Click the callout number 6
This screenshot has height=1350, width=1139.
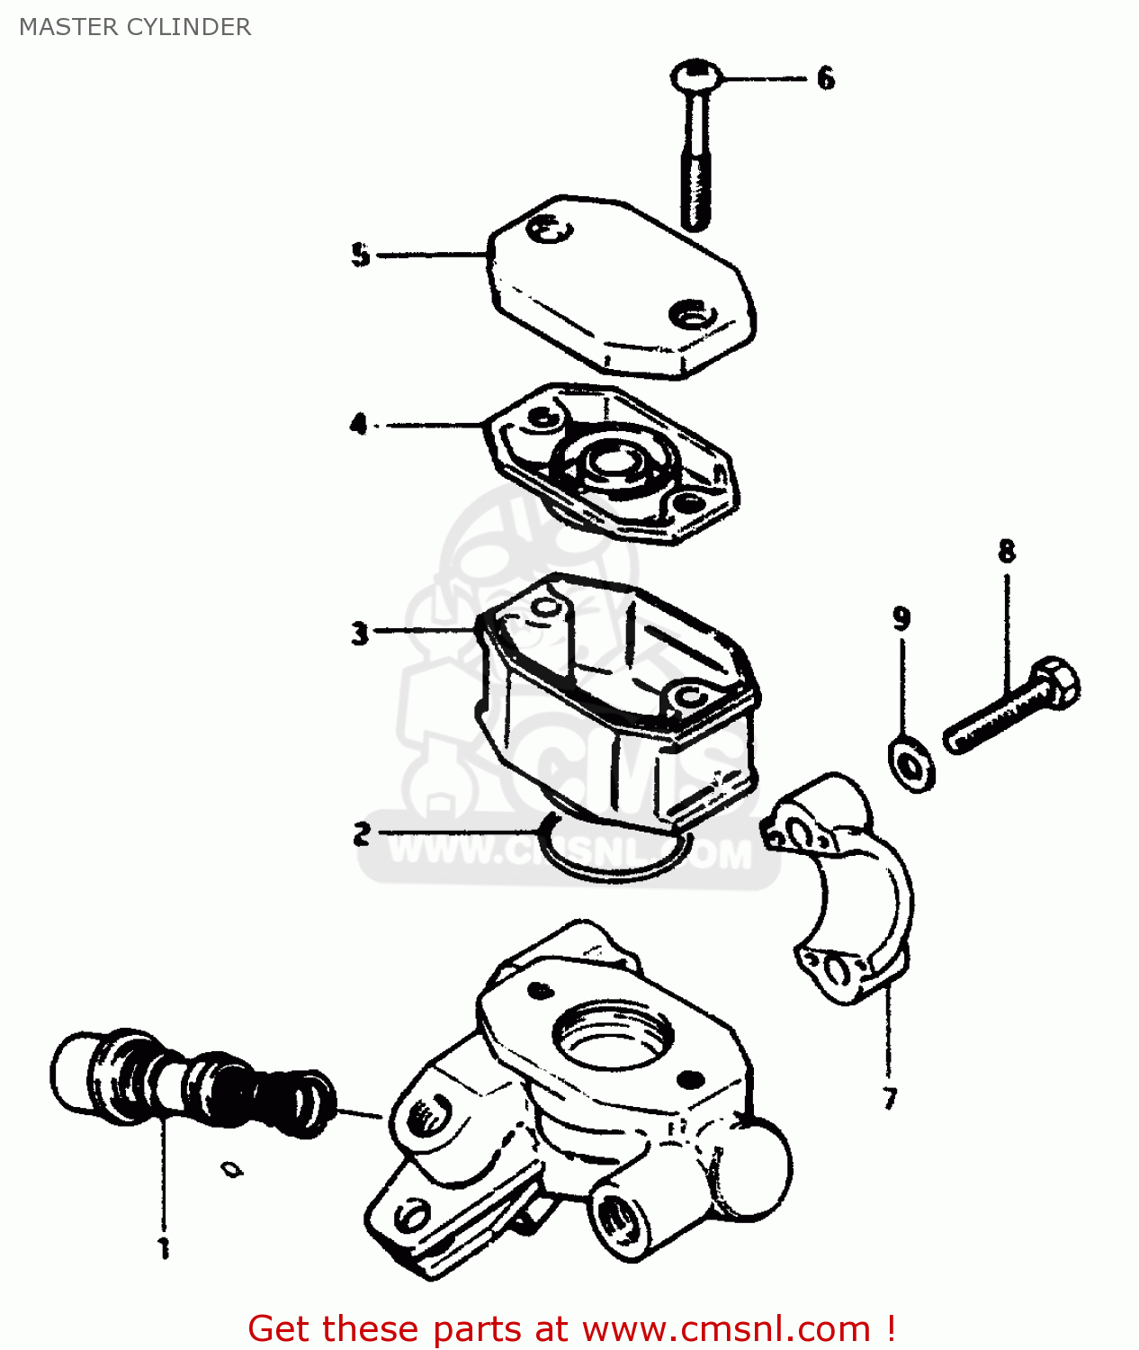[825, 78]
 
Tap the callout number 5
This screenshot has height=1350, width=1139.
[360, 255]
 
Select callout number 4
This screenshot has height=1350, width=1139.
[359, 423]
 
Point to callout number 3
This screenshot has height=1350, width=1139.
[360, 633]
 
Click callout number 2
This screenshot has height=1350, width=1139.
[362, 833]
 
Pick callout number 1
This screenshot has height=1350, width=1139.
[164, 1248]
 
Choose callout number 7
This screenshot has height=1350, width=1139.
[889, 1098]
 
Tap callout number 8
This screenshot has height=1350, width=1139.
[1006, 551]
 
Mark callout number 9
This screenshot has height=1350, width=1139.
[901, 618]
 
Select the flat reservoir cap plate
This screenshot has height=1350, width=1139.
[621, 288]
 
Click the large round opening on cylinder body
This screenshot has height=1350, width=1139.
[612, 1035]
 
